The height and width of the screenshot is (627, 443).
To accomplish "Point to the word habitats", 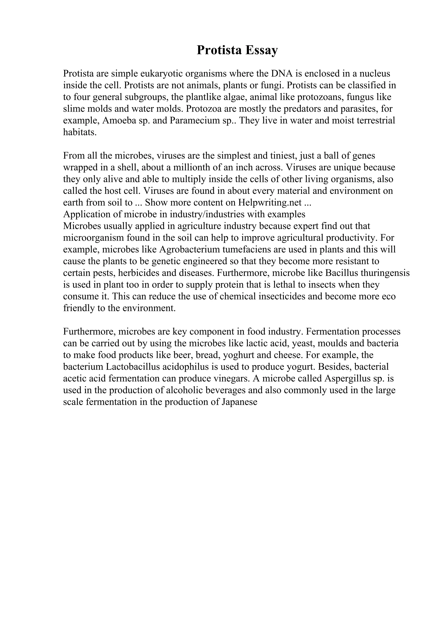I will [80, 132].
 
